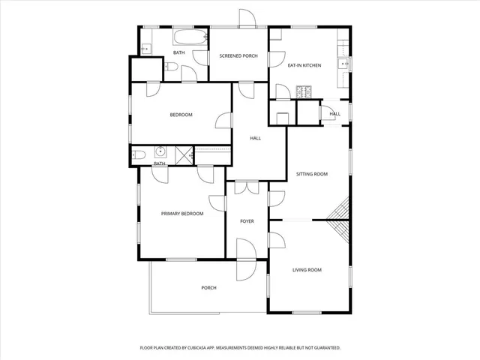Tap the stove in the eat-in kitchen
(x=305, y=92)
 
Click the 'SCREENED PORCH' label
(x=238, y=56)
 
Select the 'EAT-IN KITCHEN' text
(x=304, y=65)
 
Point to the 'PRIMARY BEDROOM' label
(x=182, y=214)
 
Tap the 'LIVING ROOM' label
(x=307, y=270)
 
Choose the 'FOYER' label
(x=247, y=221)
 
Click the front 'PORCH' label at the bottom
(x=208, y=288)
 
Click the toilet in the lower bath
(x=138, y=155)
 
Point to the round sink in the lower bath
(x=160, y=149)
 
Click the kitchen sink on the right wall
(x=344, y=64)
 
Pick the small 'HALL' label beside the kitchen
(x=334, y=114)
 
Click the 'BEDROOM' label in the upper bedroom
(x=181, y=115)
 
